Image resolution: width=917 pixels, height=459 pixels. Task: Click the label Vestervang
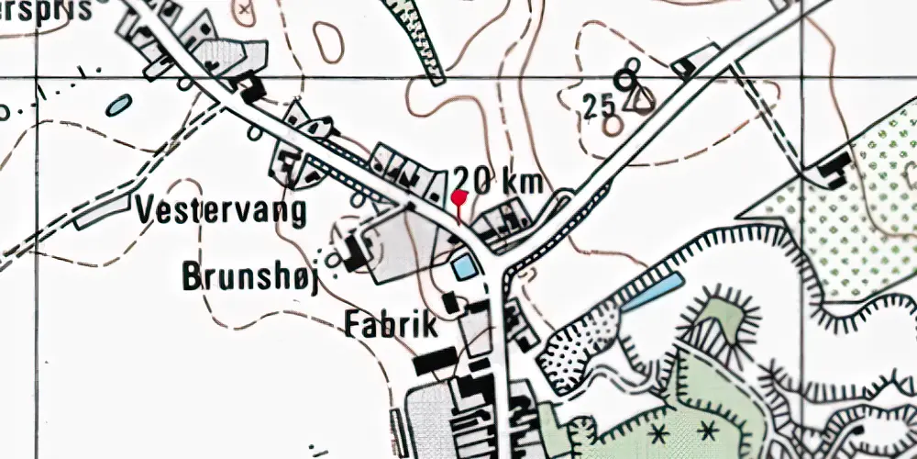(221, 211)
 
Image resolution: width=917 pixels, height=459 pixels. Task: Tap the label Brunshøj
(249, 276)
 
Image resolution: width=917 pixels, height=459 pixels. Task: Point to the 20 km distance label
(499, 179)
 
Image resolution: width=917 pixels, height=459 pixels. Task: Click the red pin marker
(459, 197)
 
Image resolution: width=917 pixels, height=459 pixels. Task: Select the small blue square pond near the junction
(464, 267)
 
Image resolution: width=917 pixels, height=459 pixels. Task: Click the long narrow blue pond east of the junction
(652, 289)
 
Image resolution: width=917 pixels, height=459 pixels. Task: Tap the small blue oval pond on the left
(118, 106)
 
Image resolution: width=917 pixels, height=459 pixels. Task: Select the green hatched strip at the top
(417, 37)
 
